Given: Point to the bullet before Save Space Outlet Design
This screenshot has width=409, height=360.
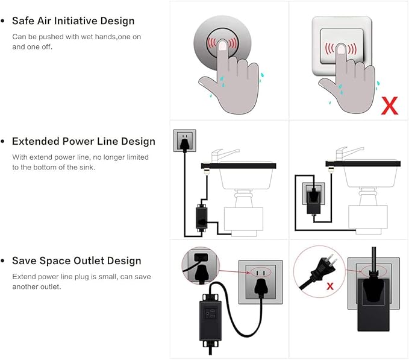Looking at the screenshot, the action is [3, 261].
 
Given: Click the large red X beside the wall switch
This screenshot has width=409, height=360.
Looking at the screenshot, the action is [390, 106].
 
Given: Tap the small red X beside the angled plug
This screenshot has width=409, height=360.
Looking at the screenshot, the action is [330, 286].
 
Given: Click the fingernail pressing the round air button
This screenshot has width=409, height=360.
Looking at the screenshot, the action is [222, 46].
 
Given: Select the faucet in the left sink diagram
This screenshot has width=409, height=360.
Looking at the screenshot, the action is [223, 155].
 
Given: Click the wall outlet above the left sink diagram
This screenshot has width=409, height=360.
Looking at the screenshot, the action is [185, 141].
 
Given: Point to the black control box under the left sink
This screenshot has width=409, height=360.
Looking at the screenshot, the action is [201, 218].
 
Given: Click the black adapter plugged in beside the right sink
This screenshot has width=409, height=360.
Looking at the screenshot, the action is [314, 203].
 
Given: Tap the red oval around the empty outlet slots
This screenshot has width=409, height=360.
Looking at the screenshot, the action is [261, 273].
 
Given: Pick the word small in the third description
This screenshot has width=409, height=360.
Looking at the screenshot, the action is [107, 276].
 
